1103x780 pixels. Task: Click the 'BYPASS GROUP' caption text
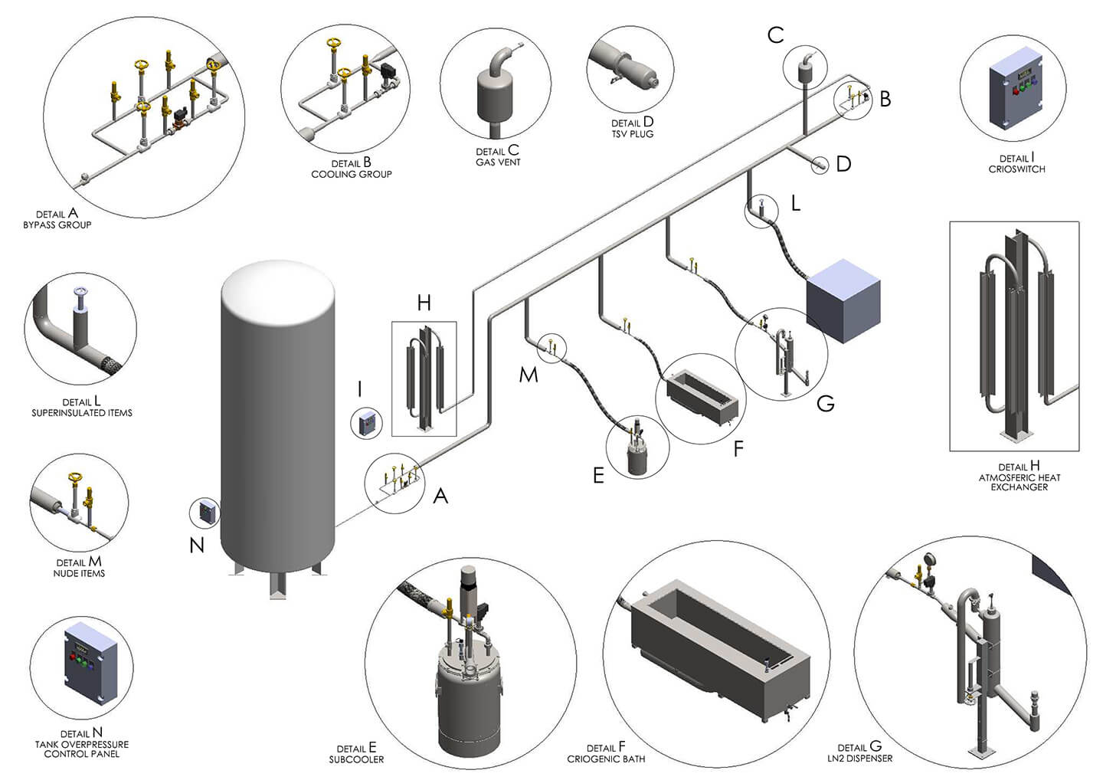[x=57, y=224]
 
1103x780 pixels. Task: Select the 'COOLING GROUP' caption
[x=351, y=174]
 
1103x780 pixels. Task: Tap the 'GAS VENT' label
[x=498, y=162]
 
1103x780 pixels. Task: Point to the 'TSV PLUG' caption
[x=632, y=133]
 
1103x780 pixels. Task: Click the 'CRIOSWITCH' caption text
[x=1016, y=169]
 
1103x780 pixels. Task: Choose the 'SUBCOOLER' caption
[x=356, y=759]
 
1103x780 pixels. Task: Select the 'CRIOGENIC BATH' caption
[x=606, y=759]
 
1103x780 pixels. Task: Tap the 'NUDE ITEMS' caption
[x=79, y=573]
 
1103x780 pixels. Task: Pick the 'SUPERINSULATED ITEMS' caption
[x=82, y=412]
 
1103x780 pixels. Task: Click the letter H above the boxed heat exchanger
[x=424, y=303]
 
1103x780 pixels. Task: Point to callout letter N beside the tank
[x=197, y=545]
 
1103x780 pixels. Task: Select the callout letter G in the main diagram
[x=825, y=403]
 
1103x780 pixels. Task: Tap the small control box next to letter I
[x=366, y=423]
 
